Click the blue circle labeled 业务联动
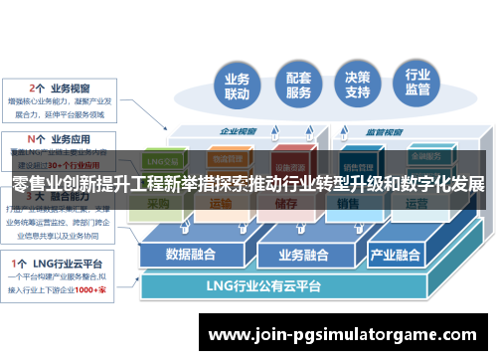point(237,88)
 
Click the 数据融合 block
point(191,254)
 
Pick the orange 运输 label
point(221,203)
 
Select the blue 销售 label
point(348,203)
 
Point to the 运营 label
point(416,203)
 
